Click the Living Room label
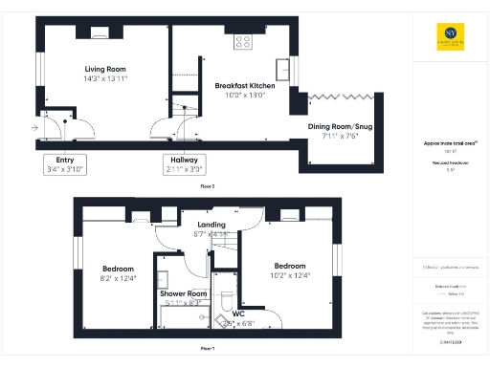pos(105,69)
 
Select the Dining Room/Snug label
pos(339,126)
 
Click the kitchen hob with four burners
pos(242,41)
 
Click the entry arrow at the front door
pos(35,126)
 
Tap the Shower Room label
pos(183,293)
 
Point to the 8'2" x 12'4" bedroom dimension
pos(120,278)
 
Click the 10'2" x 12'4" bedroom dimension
pos(289,276)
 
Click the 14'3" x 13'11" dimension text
pos(105,79)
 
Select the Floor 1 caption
pos(207,350)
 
